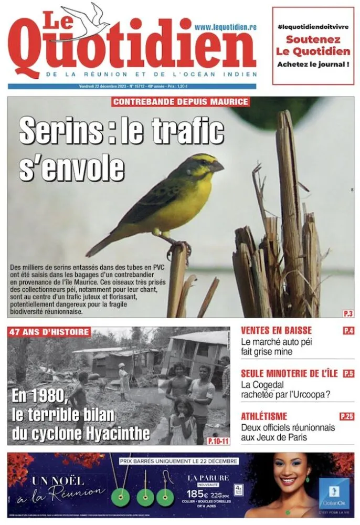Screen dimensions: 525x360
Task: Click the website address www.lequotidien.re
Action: (x=225, y=27)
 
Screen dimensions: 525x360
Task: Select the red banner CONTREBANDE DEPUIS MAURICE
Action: (x=180, y=102)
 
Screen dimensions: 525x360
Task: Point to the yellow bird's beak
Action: (x=216, y=166)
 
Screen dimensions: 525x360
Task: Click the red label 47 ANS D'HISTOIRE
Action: (x=49, y=332)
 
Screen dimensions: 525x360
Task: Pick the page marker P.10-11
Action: (x=218, y=440)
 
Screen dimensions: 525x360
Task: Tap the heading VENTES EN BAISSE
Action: (x=276, y=331)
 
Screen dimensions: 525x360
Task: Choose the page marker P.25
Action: (x=347, y=416)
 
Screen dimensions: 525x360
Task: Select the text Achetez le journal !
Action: (x=313, y=64)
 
